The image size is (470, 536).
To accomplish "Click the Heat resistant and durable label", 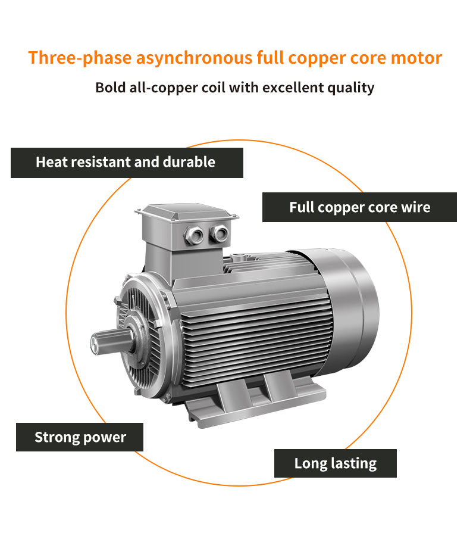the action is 126,162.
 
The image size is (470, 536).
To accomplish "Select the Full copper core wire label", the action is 359,207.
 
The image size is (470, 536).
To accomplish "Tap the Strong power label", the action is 80,437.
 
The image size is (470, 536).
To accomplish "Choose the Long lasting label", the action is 335,463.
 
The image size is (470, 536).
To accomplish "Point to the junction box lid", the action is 186,211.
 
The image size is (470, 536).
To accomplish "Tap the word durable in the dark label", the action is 191,162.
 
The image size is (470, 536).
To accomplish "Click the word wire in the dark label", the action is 416,207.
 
